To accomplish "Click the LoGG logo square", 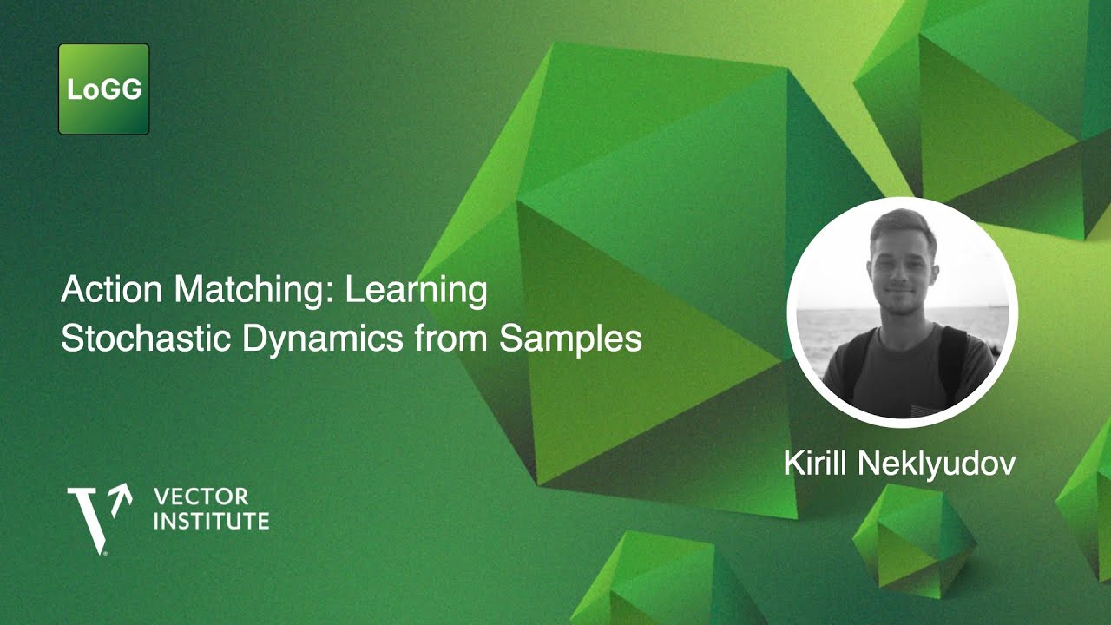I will coord(104,89).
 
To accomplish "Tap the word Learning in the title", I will coord(416,291).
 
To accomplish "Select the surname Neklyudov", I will coord(937,463).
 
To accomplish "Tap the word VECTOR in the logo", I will coord(200,497).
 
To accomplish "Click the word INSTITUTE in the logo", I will coord(211,522).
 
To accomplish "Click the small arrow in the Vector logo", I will coord(121,495).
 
